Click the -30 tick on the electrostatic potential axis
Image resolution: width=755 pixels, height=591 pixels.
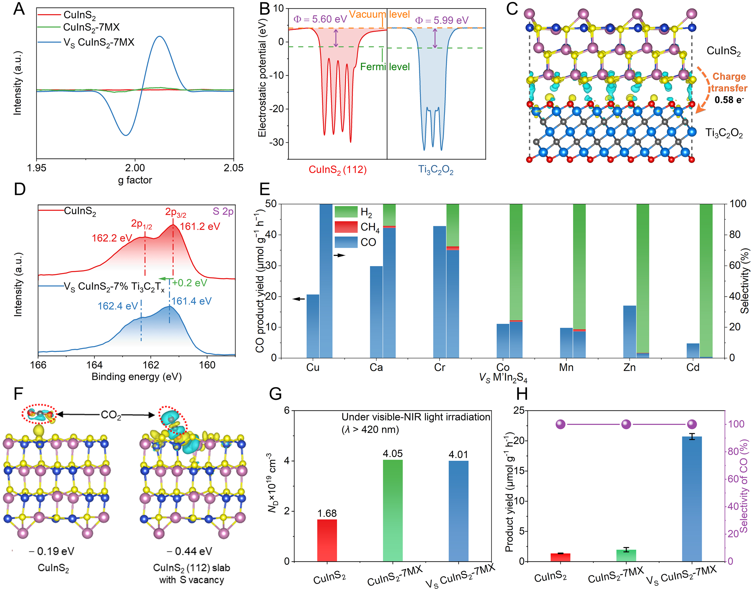click(276, 142)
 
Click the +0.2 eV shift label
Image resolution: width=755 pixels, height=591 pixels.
click(189, 283)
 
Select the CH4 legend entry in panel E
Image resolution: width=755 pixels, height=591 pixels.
click(370, 227)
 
